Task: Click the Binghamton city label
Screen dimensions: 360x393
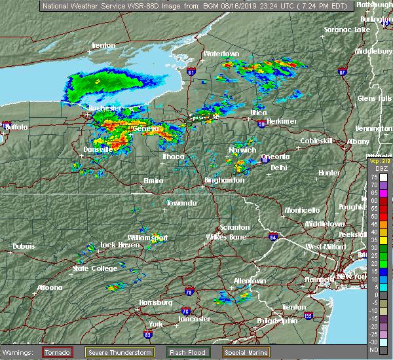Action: (x=224, y=180)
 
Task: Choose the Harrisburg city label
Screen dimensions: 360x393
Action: (x=155, y=302)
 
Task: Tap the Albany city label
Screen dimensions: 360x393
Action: (x=358, y=141)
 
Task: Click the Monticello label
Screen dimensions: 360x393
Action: (x=301, y=210)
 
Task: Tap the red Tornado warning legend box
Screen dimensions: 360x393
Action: (x=58, y=352)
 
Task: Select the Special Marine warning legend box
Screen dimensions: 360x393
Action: (x=248, y=352)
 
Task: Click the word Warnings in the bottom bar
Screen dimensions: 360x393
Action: (x=20, y=352)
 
